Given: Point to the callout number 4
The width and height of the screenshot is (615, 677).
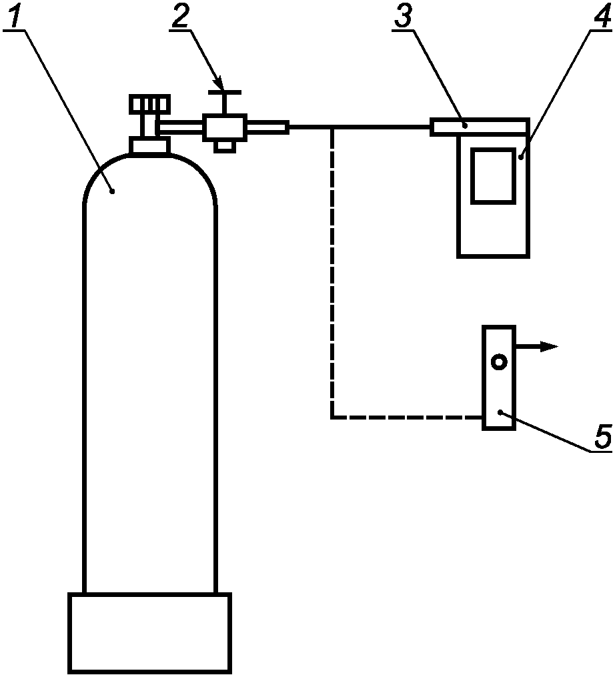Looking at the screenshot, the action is click(603, 17).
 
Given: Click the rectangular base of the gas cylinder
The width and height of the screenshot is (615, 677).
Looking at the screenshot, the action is click(149, 632).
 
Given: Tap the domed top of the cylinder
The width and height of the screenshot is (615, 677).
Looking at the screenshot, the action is click(149, 180).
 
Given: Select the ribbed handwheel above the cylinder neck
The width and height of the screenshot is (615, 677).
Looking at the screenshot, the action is click(150, 105).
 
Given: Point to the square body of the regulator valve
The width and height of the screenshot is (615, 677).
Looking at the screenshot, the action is click(225, 127).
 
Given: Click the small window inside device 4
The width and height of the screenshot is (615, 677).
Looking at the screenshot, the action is click(493, 175).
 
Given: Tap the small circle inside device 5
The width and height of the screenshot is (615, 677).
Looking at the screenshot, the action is click(499, 362).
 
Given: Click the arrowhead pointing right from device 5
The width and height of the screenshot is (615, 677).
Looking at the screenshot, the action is click(550, 346).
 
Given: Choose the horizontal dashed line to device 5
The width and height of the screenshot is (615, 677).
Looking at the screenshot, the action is click(407, 418).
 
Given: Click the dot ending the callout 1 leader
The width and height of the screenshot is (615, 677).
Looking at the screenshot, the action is click(113, 191).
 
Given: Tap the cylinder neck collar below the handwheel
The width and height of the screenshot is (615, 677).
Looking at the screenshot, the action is click(149, 145).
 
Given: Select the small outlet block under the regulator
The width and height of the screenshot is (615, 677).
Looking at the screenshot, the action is click(225, 146).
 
